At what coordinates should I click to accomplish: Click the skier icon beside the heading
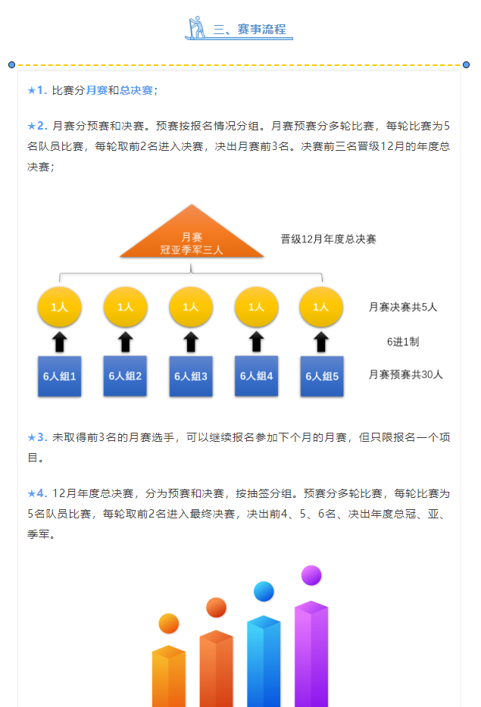coord(196,28)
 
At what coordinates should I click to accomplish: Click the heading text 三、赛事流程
coord(249,30)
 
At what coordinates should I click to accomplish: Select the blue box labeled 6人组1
coord(60,376)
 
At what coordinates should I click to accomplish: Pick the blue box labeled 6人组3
coord(191,376)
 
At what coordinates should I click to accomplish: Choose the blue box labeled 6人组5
coord(322,376)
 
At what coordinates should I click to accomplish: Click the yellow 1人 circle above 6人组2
coord(125,307)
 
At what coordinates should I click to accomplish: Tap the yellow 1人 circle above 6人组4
coord(256,307)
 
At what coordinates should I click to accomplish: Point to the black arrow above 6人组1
coord(60,342)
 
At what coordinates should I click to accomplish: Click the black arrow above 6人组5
coord(321,342)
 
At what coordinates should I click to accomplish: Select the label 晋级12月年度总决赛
coord(328,239)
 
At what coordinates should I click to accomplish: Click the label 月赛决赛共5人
coord(402,307)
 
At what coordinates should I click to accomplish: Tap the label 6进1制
coord(403,342)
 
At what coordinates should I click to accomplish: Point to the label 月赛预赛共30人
coord(406,374)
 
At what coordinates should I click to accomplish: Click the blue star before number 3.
coord(32,437)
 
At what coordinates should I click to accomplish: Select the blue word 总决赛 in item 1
coord(136,90)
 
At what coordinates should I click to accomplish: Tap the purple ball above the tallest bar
coord(311,575)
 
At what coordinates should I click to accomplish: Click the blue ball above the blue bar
coord(264,592)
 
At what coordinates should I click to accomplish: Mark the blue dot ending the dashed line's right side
coord(466,65)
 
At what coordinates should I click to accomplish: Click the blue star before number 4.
coord(32,494)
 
